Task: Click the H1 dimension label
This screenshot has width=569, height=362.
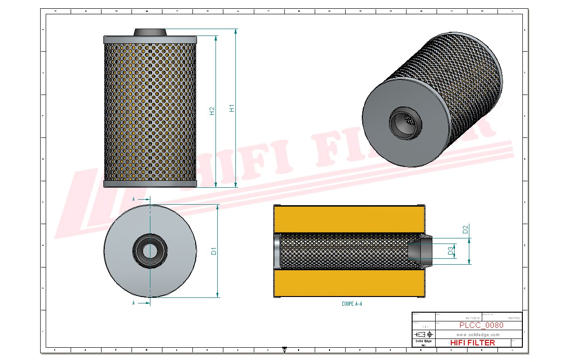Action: (x=233, y=108)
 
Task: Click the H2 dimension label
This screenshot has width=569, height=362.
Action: (x=212, y=111)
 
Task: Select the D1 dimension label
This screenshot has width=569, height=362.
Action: (x=214, y=251)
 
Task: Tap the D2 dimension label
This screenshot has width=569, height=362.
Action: (x=466, y=229)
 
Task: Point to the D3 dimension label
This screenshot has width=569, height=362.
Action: (x=450, y=251)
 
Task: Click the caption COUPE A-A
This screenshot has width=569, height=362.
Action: (x=352, y=304)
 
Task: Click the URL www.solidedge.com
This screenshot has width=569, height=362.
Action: (x=478, y=335)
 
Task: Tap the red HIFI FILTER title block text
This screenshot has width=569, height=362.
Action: (x=472, y=343)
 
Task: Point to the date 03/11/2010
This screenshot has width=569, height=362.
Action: (x=473, y=318)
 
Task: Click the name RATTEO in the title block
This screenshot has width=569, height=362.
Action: (x=514, y=318)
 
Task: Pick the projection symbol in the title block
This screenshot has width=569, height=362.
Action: (x=424, y=334)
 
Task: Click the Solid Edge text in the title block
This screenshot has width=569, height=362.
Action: (x=423, y=341)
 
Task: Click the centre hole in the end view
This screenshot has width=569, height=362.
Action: (x=149, y=251)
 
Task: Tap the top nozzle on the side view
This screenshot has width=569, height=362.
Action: (x=150, y=32)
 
